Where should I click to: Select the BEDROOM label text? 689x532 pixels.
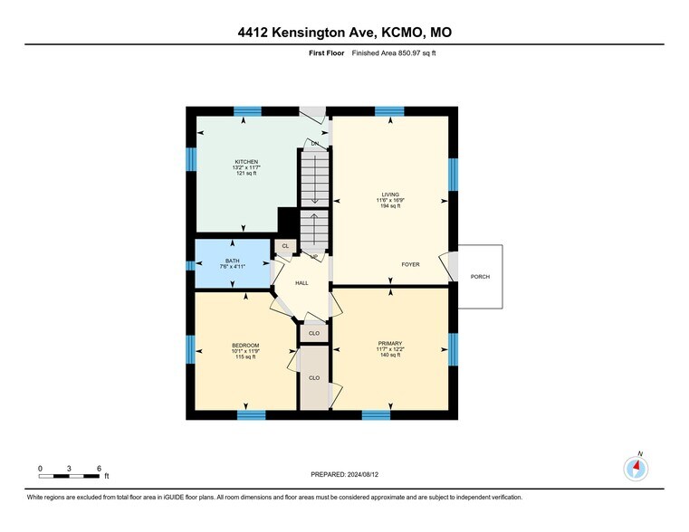point(246,345)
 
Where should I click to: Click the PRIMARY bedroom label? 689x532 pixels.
point(390,344)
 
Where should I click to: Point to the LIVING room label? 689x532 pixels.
point(389,194)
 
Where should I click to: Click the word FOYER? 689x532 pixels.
point(412,264)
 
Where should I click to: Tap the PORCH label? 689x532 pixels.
point(480,276)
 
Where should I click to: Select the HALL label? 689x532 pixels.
point(301,283)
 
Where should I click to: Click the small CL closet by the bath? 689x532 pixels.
point(285,246)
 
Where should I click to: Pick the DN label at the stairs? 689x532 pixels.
point(315,144)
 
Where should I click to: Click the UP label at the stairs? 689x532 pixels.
point(314,256)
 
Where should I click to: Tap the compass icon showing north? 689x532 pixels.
point(636,468)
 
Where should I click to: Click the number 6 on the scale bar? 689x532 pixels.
point(98,468)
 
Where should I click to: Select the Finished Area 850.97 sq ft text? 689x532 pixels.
point(388,53)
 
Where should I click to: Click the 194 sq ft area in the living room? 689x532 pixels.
point(389,206)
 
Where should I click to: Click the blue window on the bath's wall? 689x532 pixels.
point(191,265)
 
